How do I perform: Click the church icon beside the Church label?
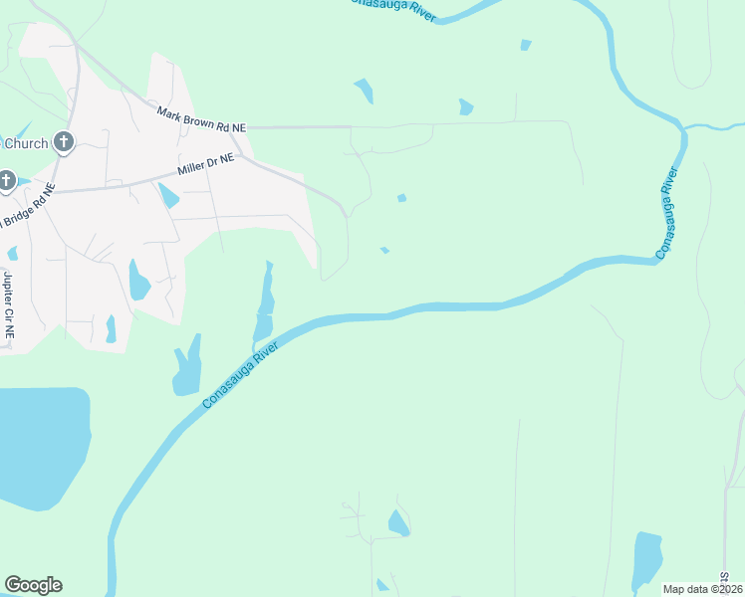[63, 142]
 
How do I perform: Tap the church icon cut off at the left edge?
[5, 181]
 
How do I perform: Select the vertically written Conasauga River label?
[668, 214]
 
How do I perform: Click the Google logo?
[33, 585]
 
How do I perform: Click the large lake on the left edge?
[40, 448]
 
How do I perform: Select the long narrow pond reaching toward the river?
[265, 303]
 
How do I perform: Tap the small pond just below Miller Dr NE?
[168, 195]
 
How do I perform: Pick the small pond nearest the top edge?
[525, 45]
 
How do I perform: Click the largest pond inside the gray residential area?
[138, 281]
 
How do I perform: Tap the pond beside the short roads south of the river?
[398, 523]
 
